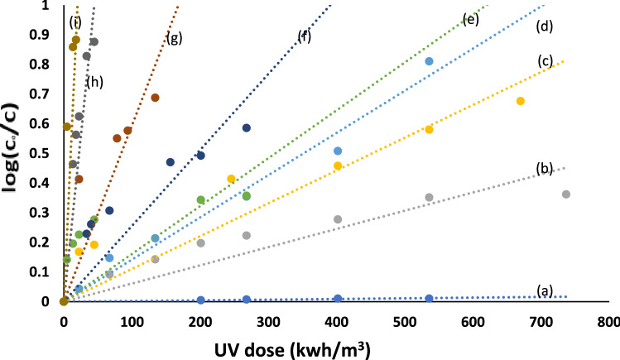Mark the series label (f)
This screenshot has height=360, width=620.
point(305,36)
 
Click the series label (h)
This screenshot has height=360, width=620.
point(95,81)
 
